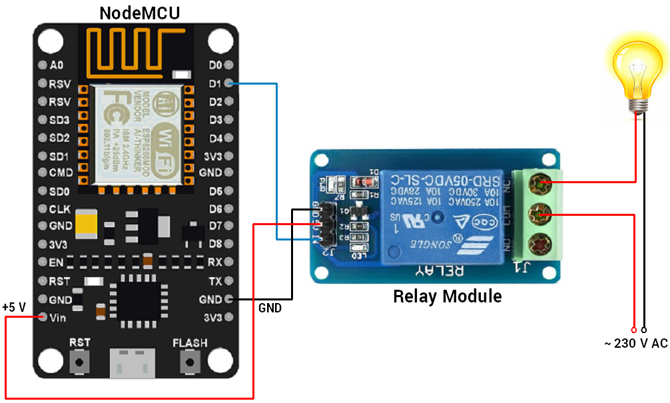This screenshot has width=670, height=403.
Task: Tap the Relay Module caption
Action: [447, 296]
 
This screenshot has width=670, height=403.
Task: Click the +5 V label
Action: [14, 307]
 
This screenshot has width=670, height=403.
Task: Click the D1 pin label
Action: [214, 84]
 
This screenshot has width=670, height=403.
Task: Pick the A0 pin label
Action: [57, 65]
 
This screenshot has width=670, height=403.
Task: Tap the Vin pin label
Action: [58, 317]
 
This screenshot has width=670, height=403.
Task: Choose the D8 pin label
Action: [214, 244]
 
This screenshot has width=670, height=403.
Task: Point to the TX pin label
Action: [215, 280]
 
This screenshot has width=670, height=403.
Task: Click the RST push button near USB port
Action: [80, 362]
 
